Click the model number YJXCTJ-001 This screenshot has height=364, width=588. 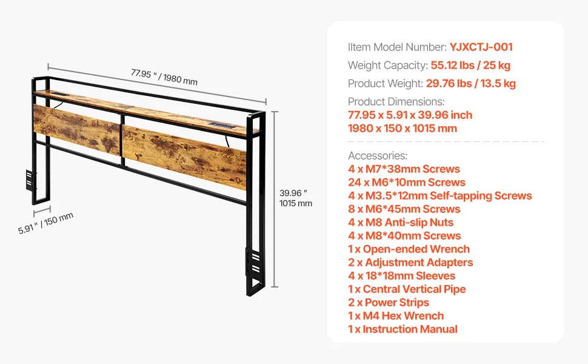pyautogui.click(x=481, y=47)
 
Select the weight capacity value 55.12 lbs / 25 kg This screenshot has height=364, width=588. pyautogui.click(x=470, y=66)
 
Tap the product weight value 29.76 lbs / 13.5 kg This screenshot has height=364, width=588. pyautogui.click(x=470, y=83)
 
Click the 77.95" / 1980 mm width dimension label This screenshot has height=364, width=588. pyautogui.click(x=164, y=77)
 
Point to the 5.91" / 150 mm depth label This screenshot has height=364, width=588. pyautogui.click(x=45, y=223)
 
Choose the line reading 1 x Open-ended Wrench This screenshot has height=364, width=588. pyautogui.click(x=409, y=249)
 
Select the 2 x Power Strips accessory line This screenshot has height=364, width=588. pyautogui.click(x=389, y=303)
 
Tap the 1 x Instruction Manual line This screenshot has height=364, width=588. pyautogui.click(x=403, y=329)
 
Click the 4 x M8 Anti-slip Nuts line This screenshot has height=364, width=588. pyautogui.click(x=401, y=223)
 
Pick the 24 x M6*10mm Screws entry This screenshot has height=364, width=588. pyautogui.click(x=407, y=183)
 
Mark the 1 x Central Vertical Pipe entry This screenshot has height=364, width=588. pyautogui.click(x=407, y=289)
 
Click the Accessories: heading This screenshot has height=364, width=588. pyautogui.click(x=378, y=156)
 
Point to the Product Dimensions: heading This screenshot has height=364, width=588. pyautogui.click(x=396, y=102)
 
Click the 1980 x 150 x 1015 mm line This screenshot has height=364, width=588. pyautogui.click(x=403, y=129)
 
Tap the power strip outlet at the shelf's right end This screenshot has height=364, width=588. pyautogui.click(x=222, y=125)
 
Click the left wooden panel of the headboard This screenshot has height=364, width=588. pyautogui.click(x=77, y=129)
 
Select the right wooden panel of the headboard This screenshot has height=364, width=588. pyautogui.click(x=184, y=158)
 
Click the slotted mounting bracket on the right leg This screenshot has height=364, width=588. pyautogui.click(x=253, y=263)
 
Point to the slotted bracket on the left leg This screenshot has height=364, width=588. pyautogui.click(x=30, y=180)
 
